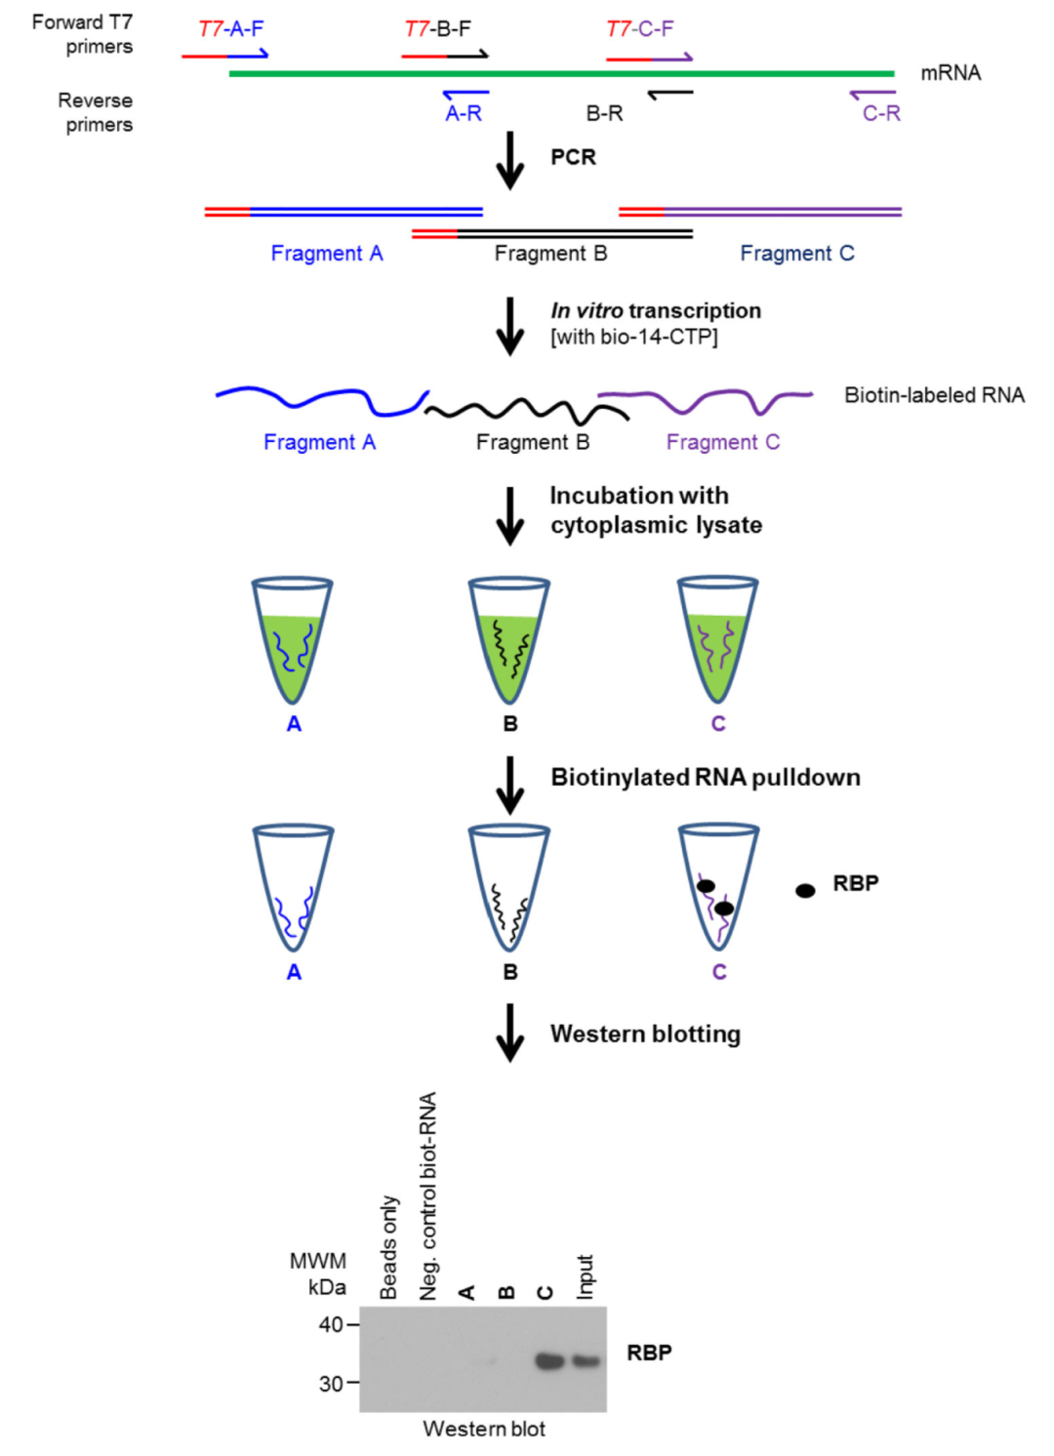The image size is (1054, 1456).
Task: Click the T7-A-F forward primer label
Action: point(230,28)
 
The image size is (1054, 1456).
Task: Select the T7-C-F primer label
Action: point(639,28)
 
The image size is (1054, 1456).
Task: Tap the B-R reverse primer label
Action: point(604,113)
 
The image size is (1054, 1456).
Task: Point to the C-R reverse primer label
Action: point(880,113)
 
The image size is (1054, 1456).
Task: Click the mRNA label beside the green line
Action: point(950,73)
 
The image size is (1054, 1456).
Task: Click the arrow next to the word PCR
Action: point(509,159)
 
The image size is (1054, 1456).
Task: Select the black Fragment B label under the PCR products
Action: point(550,254)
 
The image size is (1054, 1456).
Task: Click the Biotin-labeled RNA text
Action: point(934,395)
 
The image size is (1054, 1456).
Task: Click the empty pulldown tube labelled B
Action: point(509,887)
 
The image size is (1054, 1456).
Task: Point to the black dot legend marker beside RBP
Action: point(805,890)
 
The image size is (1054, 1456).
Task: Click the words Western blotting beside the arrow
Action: point(645,1033)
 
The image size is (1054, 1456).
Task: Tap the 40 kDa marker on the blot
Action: point(332,1324)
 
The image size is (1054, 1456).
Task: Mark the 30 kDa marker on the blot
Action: point(332,1383)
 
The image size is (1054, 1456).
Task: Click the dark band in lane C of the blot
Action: point(549,1360)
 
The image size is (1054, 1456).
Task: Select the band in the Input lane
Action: point(586,1360)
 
